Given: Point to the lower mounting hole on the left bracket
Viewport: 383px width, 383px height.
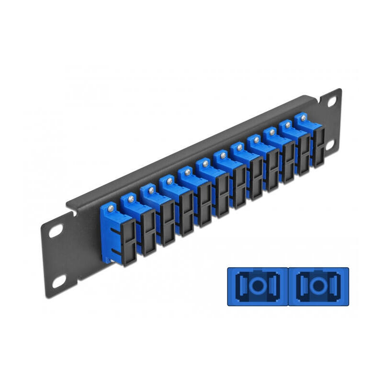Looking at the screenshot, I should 59,282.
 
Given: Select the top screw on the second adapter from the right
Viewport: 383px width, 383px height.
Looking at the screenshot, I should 288,124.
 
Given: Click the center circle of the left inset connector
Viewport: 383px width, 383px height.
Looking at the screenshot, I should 258,286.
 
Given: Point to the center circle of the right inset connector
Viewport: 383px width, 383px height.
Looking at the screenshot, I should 318,286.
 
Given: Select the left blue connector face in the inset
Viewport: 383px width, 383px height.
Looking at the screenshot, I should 258,286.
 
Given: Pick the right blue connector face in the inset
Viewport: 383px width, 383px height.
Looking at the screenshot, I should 318,286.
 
